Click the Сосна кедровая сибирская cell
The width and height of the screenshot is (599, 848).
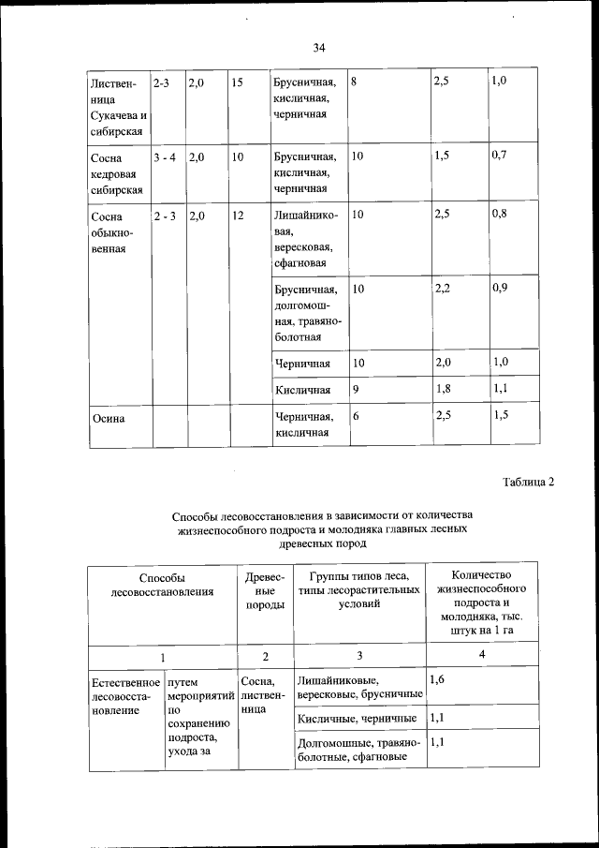tap(114, 173)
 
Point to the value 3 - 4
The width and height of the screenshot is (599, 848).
tap(165, 157)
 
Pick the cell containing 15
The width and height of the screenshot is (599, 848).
tap(237, 82)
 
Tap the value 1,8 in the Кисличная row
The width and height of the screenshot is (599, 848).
tap(443, 388)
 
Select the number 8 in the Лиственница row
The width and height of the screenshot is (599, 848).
tap(355, 82)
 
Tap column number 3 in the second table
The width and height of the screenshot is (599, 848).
tap(359, 656)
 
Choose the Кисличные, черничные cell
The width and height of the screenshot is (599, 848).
tap(357, 718)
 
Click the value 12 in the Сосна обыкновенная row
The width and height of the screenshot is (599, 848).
tap(238, 216)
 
